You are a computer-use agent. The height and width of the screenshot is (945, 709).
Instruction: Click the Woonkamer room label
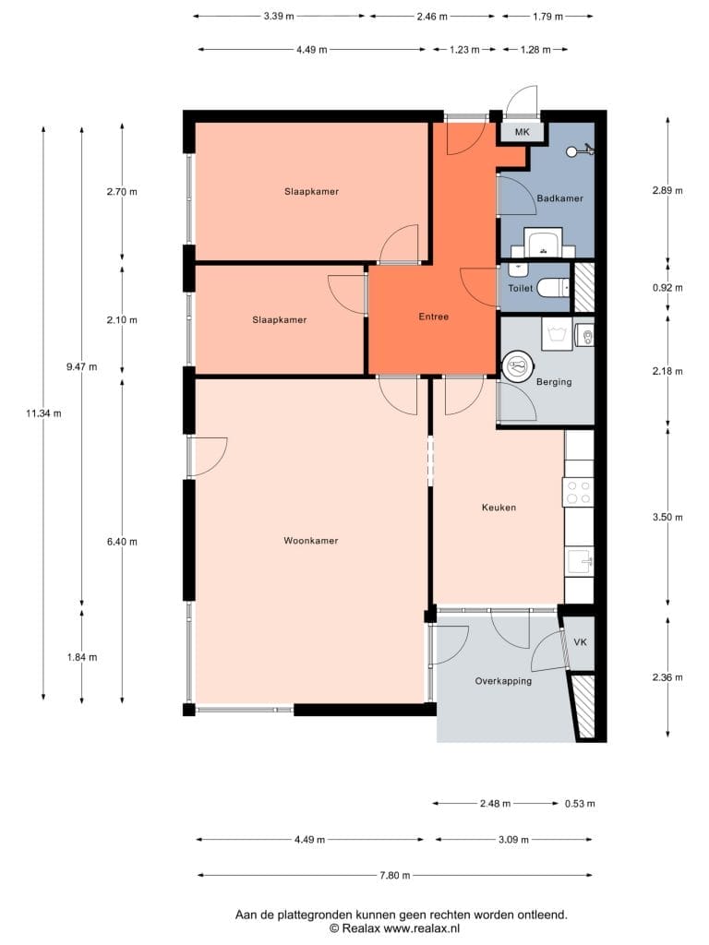point(310,541)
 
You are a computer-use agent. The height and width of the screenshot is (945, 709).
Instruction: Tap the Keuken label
point(499,508)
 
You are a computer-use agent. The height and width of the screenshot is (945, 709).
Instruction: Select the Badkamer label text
point(559,198)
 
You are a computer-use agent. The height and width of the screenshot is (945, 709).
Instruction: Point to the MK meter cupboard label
point(523,131)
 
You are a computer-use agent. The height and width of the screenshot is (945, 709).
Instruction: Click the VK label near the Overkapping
point(580,642)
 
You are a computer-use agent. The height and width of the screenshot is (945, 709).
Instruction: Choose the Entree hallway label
point(434,317)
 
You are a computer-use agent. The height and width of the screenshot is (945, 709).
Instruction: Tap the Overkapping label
point(503,681)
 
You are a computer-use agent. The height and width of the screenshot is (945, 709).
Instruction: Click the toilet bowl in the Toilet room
point(553,288)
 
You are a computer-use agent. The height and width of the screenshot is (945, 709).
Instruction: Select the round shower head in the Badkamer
point(571,151)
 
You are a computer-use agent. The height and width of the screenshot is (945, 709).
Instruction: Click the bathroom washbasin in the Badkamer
point(543,243)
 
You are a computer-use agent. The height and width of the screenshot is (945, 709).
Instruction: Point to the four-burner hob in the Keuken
point(578,491)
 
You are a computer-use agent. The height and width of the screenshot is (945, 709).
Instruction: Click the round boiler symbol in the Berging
point(517,365)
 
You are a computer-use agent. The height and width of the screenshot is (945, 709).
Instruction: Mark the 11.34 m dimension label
point(43,413)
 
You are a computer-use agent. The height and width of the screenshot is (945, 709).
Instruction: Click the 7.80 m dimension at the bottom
point(395,875)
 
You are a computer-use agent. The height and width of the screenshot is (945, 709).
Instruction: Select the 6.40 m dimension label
point(122,542)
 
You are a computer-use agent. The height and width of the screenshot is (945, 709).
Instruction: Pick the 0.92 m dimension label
point(667,288)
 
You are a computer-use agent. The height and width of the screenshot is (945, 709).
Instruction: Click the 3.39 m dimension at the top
point(279,17)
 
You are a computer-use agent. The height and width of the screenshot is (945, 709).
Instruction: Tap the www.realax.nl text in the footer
point(421,928)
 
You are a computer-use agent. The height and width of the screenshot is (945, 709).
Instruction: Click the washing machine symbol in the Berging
point(557,334)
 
